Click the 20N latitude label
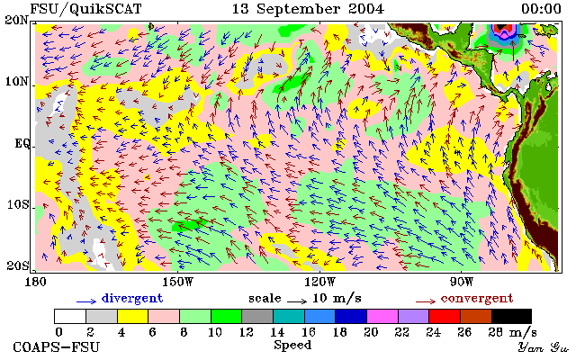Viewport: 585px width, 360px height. click(x=17, y=20)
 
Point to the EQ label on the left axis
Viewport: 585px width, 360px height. click(x=22, y=143)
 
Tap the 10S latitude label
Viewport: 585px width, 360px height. click(x=18, y=205)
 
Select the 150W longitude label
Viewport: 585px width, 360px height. click(x=177, y=282)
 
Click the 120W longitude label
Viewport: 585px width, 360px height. click(x=319, y=282)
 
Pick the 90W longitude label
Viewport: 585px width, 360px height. click(x=461, y=282)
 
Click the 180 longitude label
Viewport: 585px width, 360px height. click(x=35, y=282)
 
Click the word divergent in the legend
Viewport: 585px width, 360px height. click(x=132, y=299)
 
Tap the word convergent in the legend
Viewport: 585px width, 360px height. click(x=477, y=299)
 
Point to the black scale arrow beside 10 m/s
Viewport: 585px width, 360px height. click(x=297, y=301)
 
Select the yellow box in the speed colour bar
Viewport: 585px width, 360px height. click(x=133, y=316)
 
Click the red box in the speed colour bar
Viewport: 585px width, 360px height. click(x=445, y=316)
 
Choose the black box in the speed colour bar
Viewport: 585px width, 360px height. click(x=511, y=316)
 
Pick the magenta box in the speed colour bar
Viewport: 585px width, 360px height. click(x=382, y=316)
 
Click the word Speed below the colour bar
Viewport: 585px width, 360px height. click(x=292, y=345)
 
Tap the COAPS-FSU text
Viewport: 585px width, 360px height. click(x=57, y=347)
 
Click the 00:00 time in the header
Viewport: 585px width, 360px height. click(x=541, y=9)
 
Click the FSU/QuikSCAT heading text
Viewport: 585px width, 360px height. click(x=85, y=9)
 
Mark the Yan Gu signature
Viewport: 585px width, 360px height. click(x=543, y=348)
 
